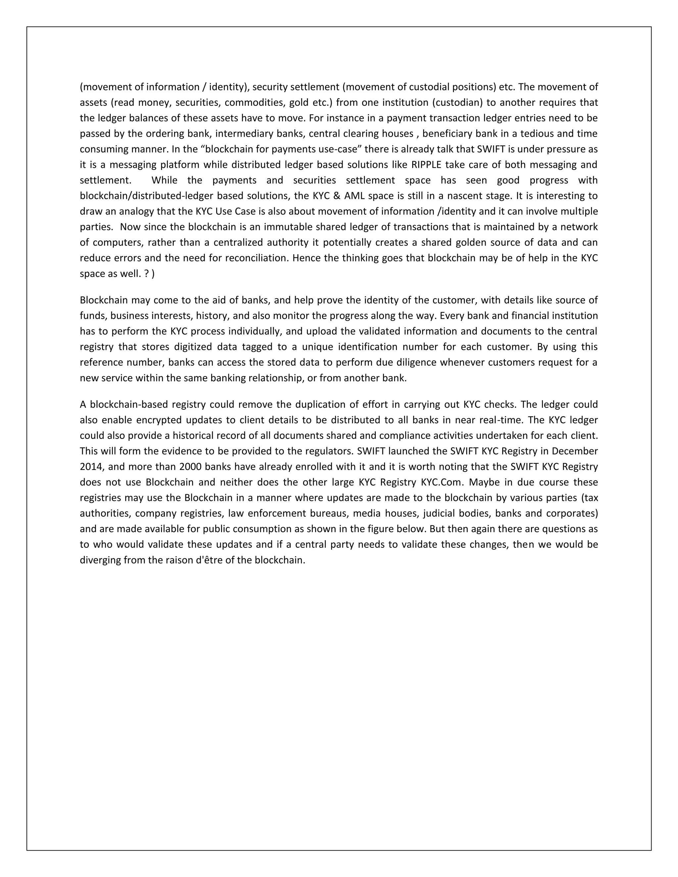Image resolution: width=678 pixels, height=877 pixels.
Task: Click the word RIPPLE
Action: point(426,164)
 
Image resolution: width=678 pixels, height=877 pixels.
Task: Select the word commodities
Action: point(254,102)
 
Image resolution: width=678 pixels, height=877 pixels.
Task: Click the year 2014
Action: point(92,467)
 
